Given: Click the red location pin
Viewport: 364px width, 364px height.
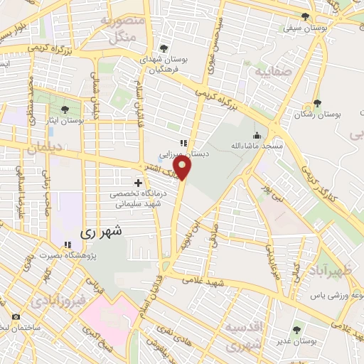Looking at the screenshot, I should point(183,168).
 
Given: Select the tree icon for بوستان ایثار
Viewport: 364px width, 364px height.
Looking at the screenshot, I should point(65,109).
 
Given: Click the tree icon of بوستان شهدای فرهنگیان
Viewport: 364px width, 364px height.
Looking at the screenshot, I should point(164,48).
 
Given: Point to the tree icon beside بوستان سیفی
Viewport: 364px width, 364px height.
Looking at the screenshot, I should point(305,17).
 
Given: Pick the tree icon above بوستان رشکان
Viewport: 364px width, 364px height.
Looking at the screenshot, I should point(317,103).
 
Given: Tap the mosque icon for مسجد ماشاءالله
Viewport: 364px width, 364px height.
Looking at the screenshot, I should point(257,135).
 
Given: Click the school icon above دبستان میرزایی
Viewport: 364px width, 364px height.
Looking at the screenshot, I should point(183,143).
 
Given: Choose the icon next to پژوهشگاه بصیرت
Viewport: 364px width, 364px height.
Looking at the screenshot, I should point(68,245).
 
